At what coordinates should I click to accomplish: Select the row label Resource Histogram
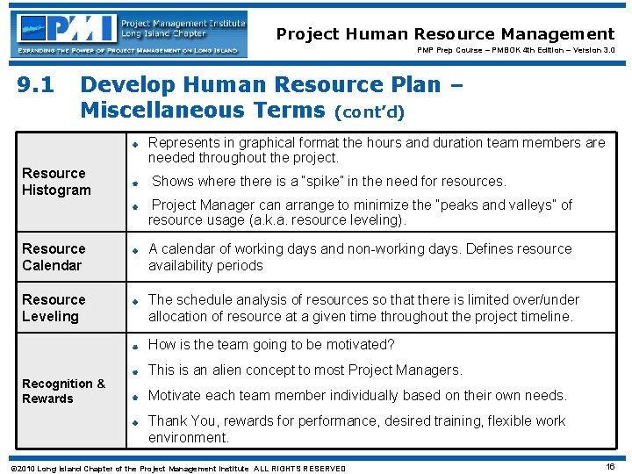click(55, 182)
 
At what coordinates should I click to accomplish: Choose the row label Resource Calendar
click(54, 257)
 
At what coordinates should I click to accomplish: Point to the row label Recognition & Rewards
click(63, 391)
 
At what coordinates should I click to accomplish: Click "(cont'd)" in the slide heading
click(370, 111)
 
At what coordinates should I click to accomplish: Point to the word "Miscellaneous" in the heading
click(202, 110)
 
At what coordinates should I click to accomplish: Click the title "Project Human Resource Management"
click(445, 34)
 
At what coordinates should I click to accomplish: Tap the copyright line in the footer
click(176, 469)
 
